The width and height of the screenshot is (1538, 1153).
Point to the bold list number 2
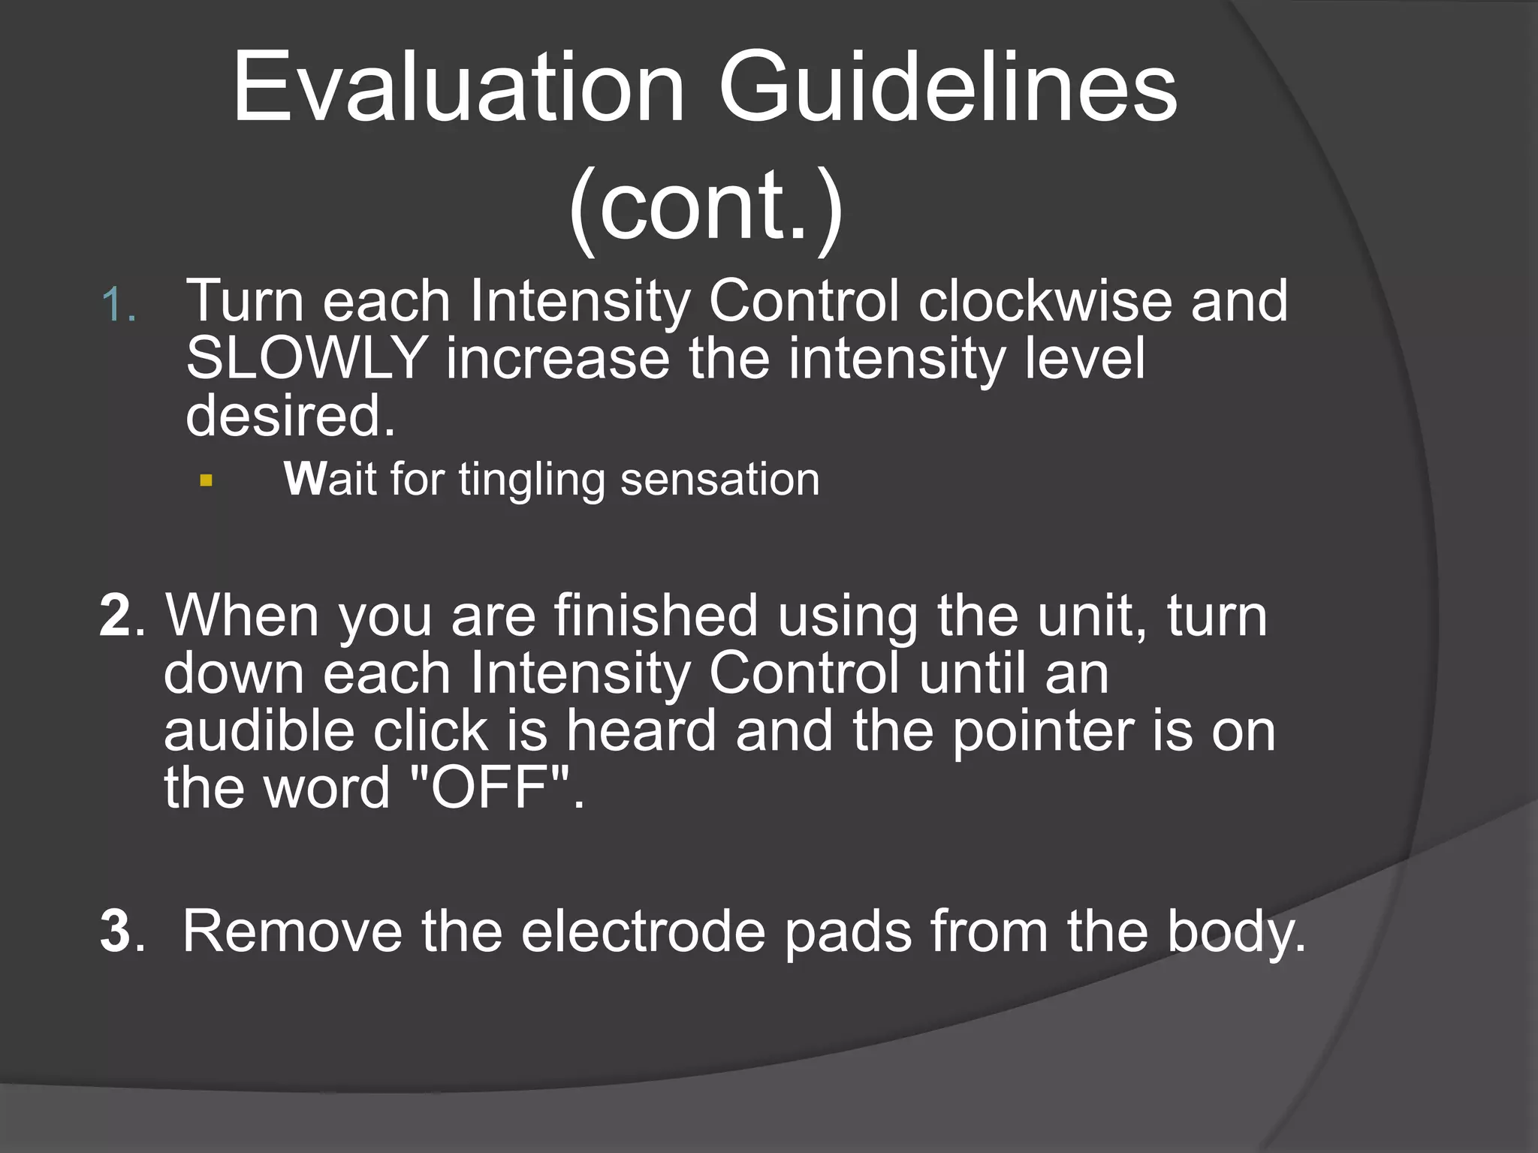[116, 616]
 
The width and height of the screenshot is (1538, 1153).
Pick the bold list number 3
[116, 931]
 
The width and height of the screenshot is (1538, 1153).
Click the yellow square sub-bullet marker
[207, 480]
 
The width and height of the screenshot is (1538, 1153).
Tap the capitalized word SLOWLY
[306, 359]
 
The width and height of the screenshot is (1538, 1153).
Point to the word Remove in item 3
[292, 931]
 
